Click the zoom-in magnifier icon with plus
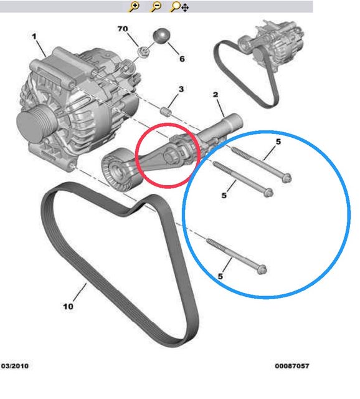134,7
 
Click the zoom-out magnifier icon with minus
156,7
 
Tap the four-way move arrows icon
185,7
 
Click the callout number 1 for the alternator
34,37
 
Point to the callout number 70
123,29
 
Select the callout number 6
182,59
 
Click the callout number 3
181,89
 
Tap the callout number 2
216,95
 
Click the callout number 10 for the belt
68,306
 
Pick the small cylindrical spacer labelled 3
166,112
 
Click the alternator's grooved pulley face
29,125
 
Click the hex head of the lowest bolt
262,269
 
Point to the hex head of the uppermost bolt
287,178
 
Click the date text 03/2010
15,366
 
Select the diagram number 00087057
292,366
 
